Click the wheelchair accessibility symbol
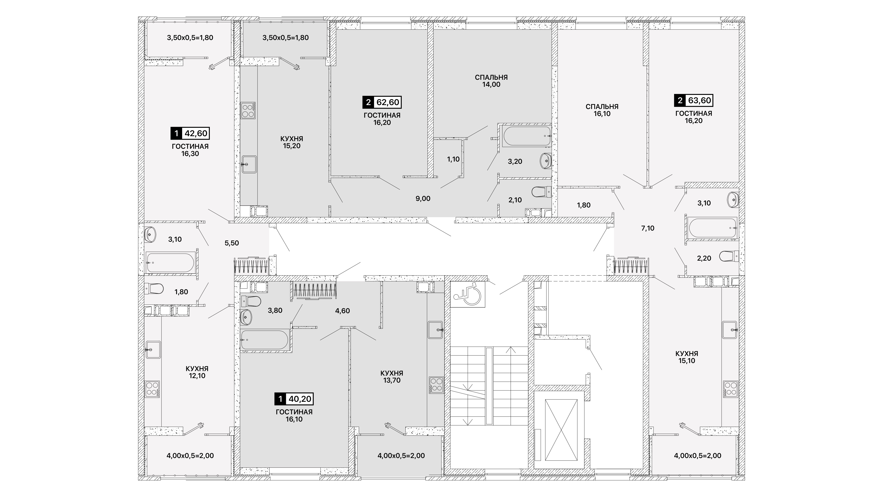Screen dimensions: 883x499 tap(468, 294)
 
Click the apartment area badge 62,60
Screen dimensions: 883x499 tap(382, 102)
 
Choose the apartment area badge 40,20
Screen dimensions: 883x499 tap(294, 399)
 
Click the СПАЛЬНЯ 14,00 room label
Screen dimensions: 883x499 tap(491, 81)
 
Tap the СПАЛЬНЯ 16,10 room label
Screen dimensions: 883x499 tap(602, 110)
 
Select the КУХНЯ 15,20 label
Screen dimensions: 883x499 tap(292, 142)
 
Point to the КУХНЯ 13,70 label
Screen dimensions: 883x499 tap(392, 377)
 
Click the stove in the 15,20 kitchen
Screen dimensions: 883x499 tap(248, 110)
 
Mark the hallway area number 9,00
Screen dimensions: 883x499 tap(423, 199)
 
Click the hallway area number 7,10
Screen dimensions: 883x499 tap(648, 228)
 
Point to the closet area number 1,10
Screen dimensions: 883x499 tap(453, 159)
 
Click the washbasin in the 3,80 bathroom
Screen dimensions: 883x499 tap(246, 317)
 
